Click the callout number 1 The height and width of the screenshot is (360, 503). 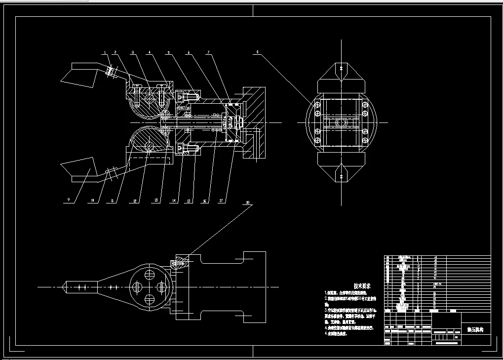105,52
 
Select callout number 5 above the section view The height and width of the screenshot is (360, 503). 168,52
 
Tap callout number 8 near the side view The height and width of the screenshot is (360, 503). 257,52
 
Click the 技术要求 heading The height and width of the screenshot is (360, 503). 361,286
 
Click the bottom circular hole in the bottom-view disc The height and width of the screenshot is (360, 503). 149,299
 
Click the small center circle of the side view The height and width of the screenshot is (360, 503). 340,121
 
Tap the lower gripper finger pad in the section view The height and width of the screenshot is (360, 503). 77,168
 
